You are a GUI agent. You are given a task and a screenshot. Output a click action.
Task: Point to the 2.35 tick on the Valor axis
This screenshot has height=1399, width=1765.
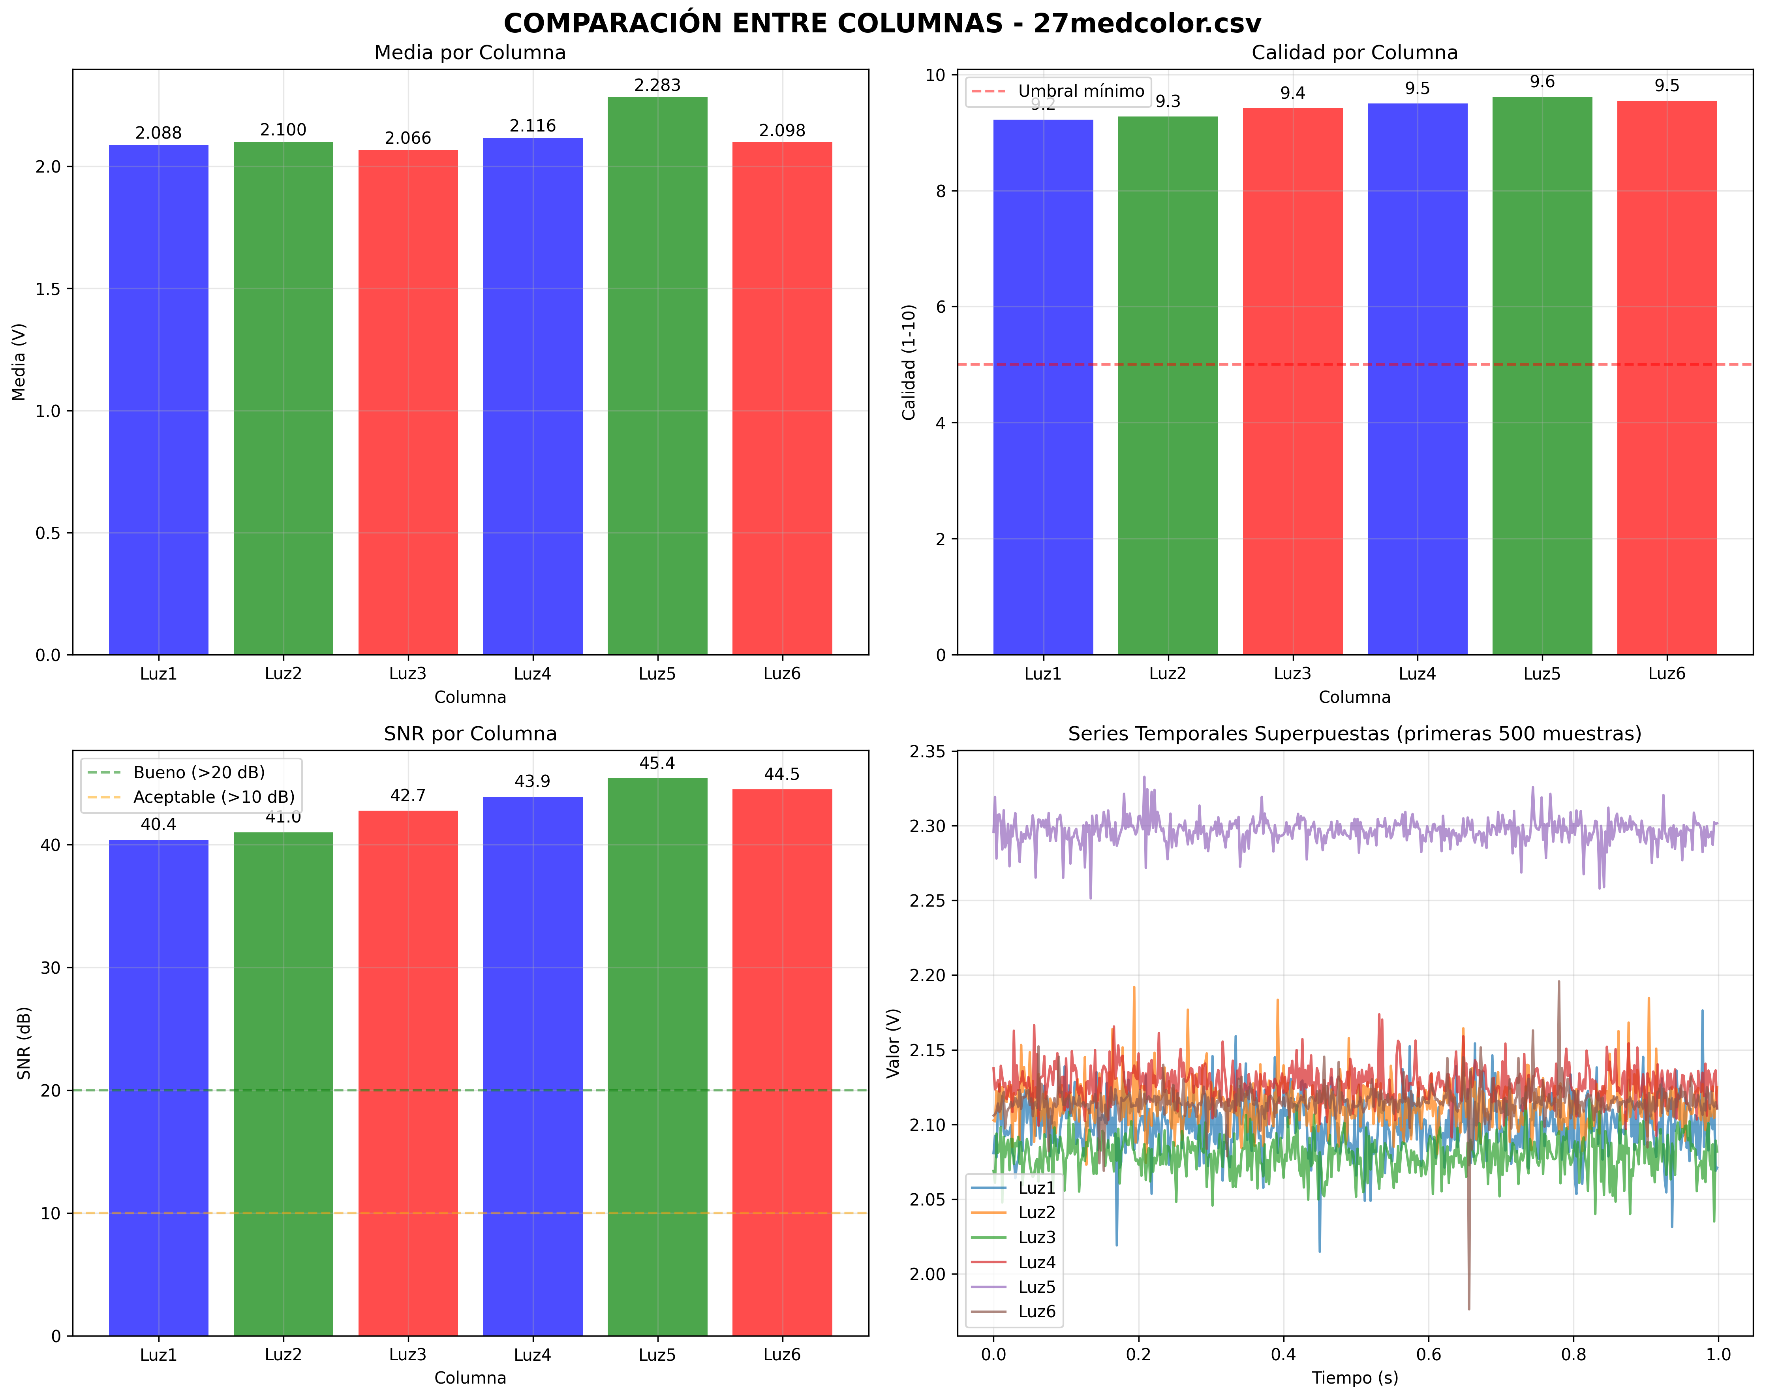click(928, 751)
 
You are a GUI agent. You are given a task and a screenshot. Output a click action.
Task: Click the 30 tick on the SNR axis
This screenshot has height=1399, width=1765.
click(51, 967)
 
